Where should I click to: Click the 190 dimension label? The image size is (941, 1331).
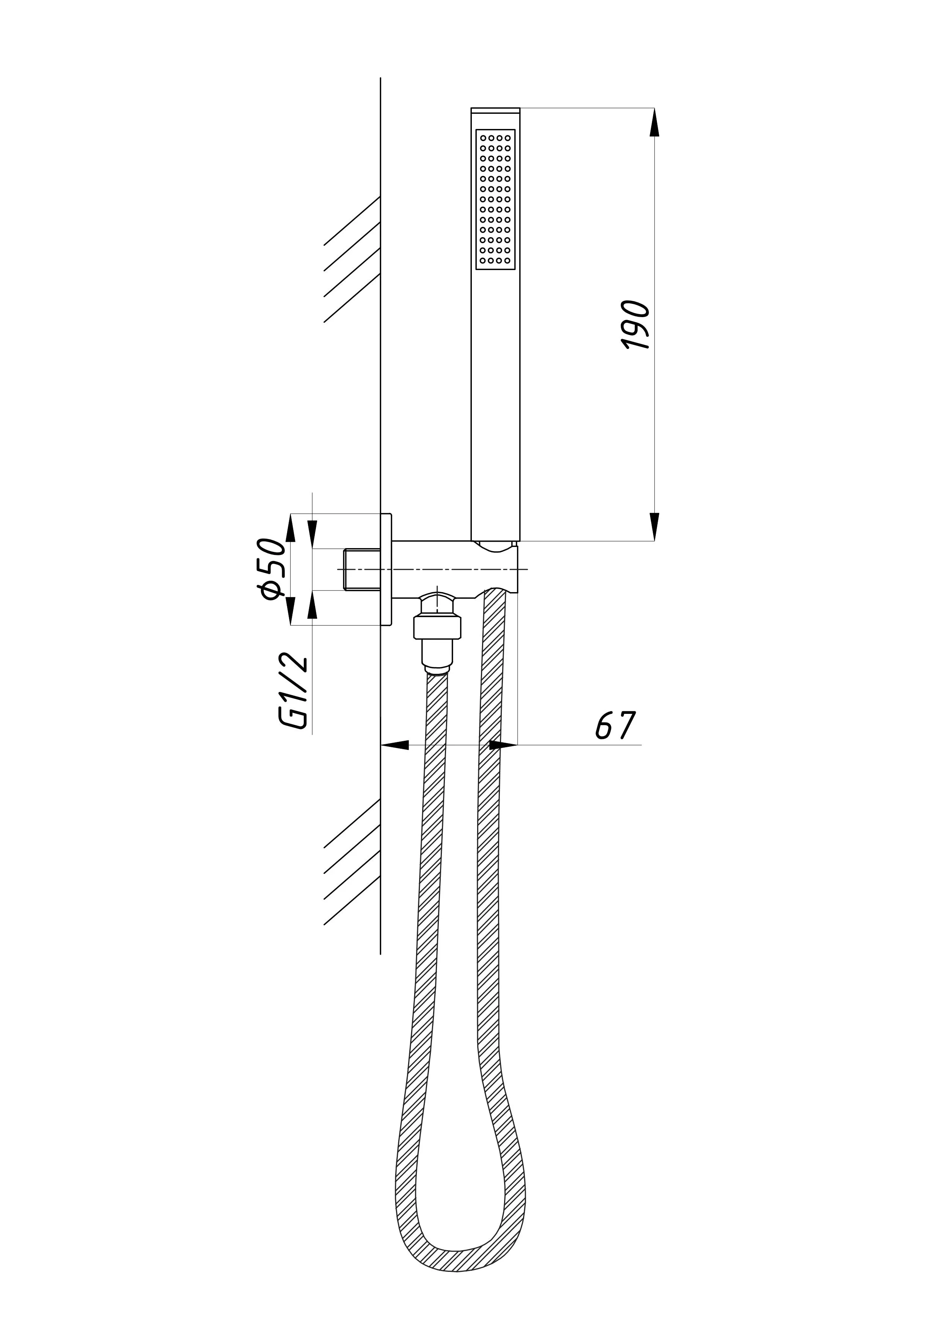point(636,325)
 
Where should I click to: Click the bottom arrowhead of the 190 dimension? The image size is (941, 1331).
point(655,527)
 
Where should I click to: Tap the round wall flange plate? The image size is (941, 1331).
point(386,569)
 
